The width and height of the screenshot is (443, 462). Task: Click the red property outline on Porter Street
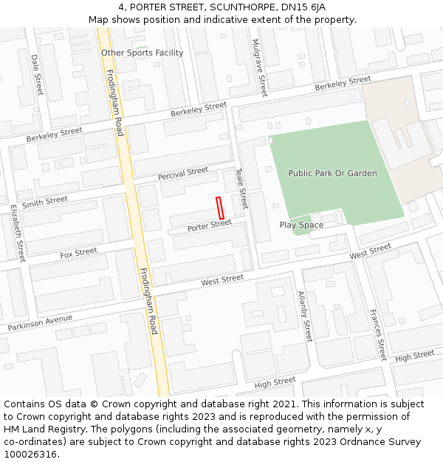click(x=219, y=208)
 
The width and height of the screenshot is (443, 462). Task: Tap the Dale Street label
click(x=37, y=75)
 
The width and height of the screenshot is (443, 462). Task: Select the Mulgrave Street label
click(x=258, y=67)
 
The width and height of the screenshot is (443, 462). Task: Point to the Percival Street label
click(x=183, y=174)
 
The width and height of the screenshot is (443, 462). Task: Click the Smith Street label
click(x=45, y=201)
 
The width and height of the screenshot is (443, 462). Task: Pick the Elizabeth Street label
click(x=18, y=234)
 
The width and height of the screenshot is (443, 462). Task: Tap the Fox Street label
click(x=78, y=253)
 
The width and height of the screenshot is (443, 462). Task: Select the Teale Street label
click(x=241, y=188)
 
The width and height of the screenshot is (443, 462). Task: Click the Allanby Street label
click(x=305, y=316)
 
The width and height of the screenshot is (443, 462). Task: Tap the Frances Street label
click(x=378, y=334)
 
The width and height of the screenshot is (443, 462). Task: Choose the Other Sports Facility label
click(x=142, y=53)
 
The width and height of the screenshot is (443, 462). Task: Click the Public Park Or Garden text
click(x=332, y=173)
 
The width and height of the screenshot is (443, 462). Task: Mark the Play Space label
click(x=301, y=225)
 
